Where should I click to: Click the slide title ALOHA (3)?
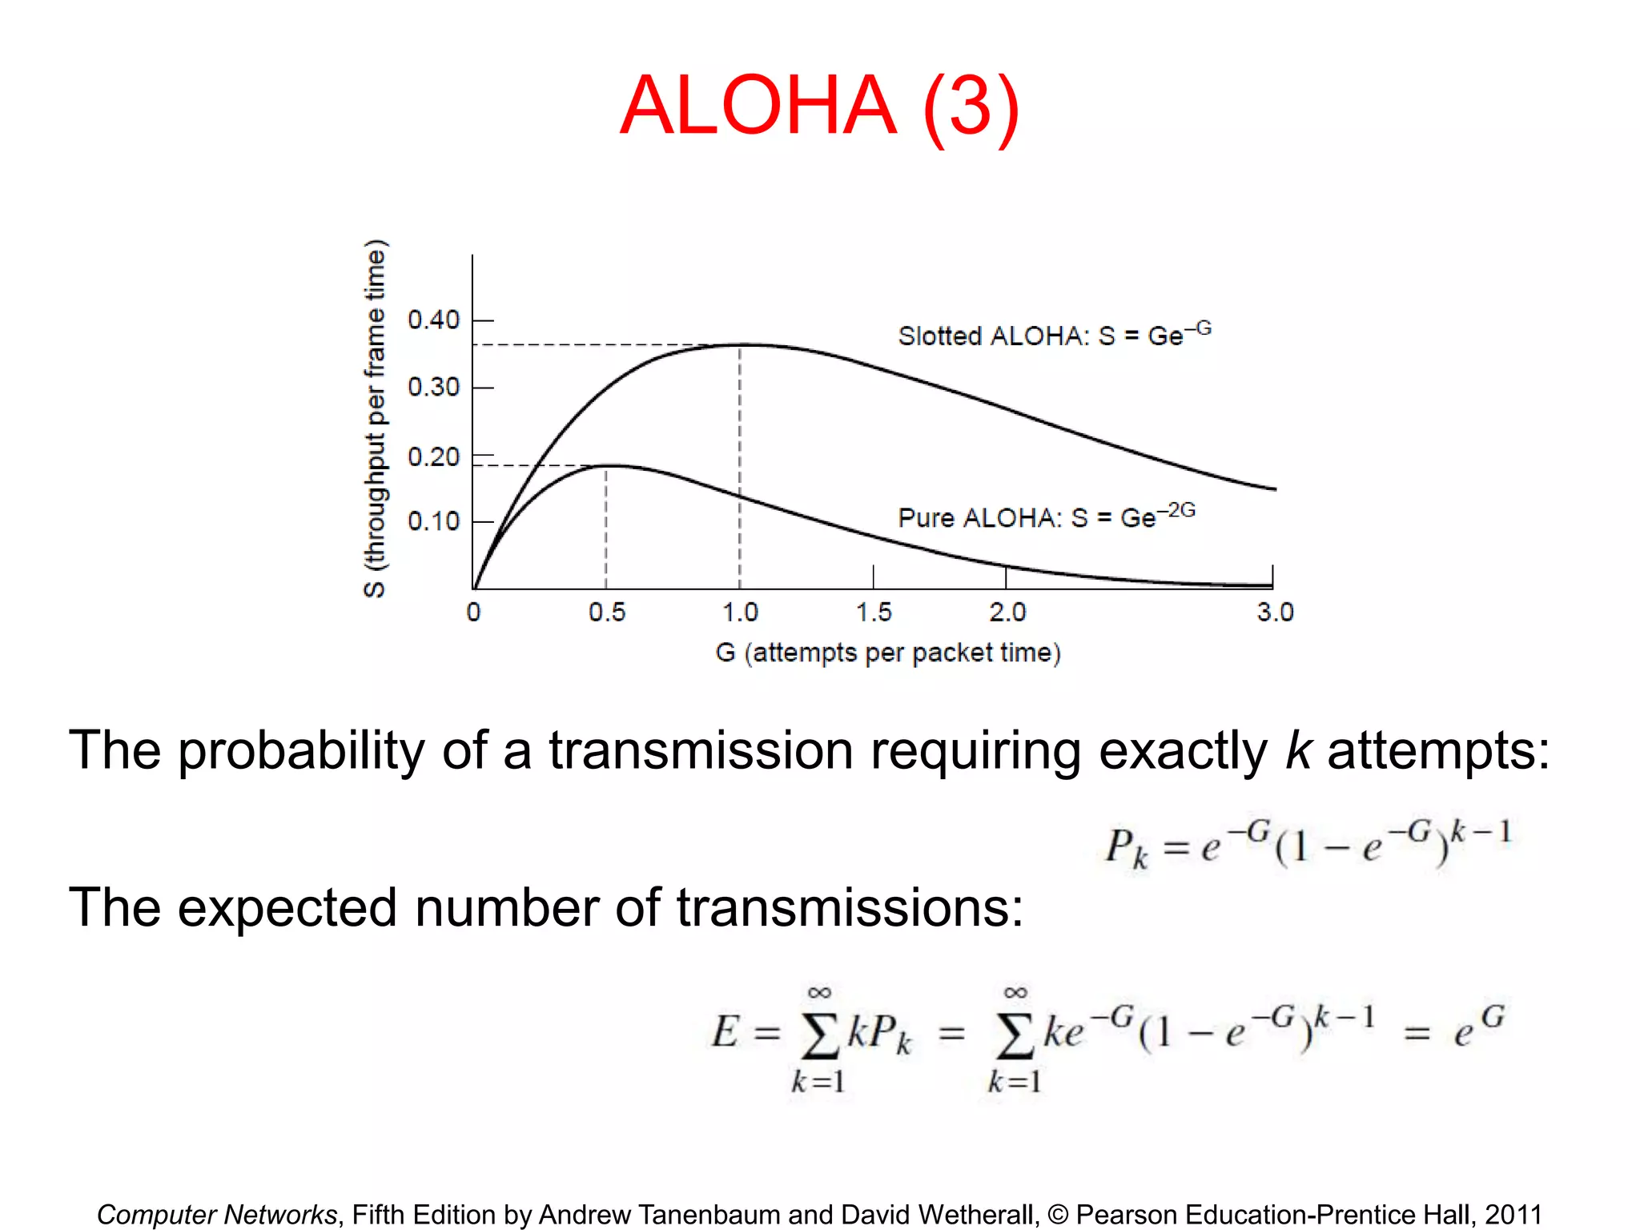[819, 106]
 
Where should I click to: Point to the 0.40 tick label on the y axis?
[433, 320]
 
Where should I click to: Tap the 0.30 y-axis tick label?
[433, 388]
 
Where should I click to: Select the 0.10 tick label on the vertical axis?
[433, 521]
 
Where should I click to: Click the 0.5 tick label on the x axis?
[606, 613]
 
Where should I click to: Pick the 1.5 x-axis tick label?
[873, 613]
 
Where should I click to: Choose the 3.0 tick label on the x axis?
[1275, 613]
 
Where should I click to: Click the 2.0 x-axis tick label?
[1007, 613]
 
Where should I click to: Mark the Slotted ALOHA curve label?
[1054, 335]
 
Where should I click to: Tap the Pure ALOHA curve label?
[1046, 517]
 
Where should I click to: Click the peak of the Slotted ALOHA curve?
[740, 345]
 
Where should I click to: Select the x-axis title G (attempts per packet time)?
[887, 653]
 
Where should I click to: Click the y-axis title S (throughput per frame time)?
[375, 418]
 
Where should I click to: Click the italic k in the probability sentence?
[1297, 751]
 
